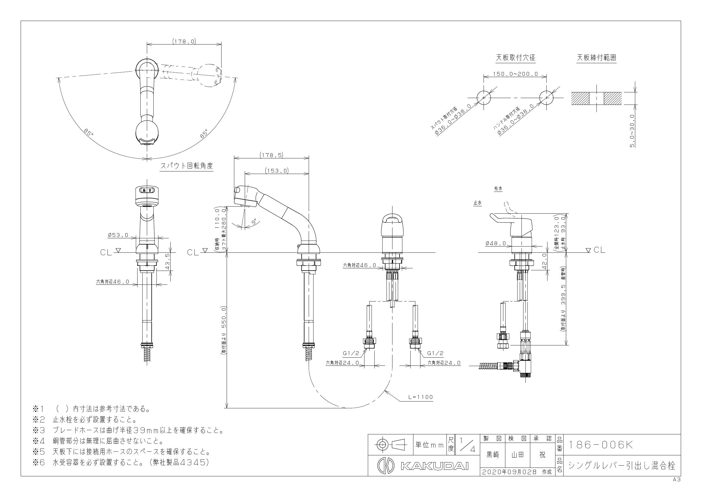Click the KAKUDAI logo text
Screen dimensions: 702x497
click(434, 466)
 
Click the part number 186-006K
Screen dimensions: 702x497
click(600, 445)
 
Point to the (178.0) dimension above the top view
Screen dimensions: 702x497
click(184, 41)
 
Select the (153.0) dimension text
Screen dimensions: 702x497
click(277, 171)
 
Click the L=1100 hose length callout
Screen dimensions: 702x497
click(421, 397)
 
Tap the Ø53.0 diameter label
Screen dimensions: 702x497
click(118, 235)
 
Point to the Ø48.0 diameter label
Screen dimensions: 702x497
click(496, 243)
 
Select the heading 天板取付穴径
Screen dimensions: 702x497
click(516, 58)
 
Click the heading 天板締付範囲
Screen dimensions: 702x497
click(596, 58)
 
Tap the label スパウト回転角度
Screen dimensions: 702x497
click(187, 166)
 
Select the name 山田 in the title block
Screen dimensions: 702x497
click(517, 455)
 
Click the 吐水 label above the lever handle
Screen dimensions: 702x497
click(498, 189)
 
